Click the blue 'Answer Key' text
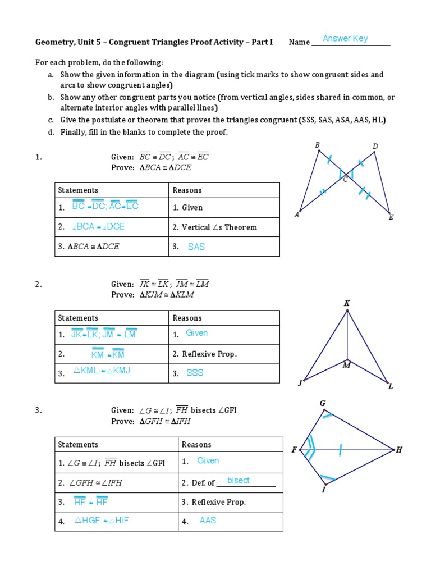click(345, 39)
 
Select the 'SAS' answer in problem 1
click(196, 247)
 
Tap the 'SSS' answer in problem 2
click(195, 373)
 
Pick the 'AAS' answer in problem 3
click(208, 521)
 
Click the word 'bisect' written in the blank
click(239, 481)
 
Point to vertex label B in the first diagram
click(317, 145)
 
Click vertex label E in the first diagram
click(391, 217)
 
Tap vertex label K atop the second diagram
click(347, 303)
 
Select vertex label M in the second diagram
click(346, 366)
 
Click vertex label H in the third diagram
click(399, 450)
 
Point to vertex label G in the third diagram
click(323, 403)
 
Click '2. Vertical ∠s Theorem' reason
click(215, 227)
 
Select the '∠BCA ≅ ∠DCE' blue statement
click(99, 227)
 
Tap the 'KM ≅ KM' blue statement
click(108, 354)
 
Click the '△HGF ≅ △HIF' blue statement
click(102, 521)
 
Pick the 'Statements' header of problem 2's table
click(78, 318)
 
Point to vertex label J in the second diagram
click(300, 384)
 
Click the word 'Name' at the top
click(299, 42)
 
